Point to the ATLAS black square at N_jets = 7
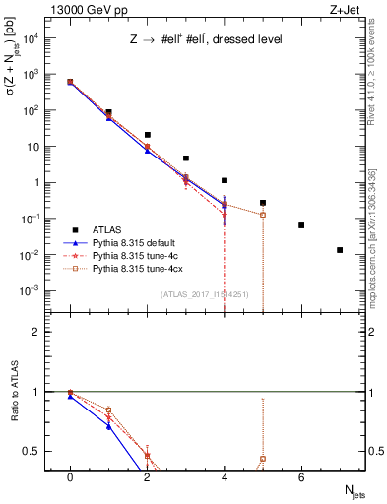point(340,250)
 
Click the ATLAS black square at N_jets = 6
point(301,225)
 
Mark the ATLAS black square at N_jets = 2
point(147,135)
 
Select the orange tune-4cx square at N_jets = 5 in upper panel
point(263,215)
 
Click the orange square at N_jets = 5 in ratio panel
point(263,459)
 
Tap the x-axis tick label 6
point(301,477)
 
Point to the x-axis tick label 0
point(70,477)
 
